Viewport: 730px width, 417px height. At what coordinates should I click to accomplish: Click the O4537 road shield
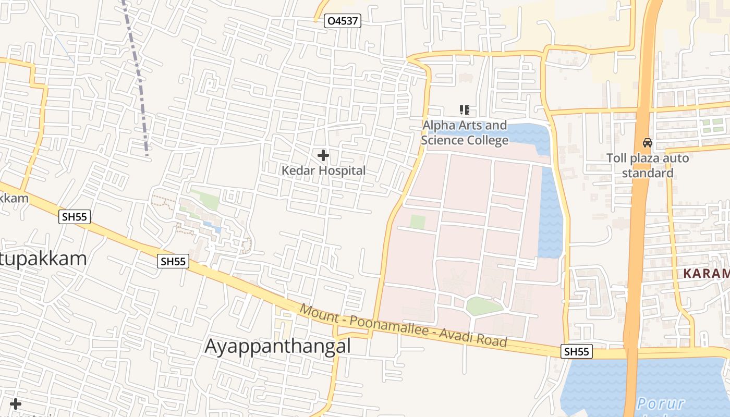pyautogui.click(x=342, y=21)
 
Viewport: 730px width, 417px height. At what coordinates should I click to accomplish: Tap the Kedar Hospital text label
pyautogui.click(x=323, y=170)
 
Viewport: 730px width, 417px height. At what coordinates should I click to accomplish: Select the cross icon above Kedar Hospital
pyautogui.click(x=323, y=155)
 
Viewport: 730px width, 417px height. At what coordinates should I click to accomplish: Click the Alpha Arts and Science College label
pyautogui.click(x=464, y=133)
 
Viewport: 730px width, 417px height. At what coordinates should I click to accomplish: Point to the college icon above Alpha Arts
pyautogui.click(x=464, y=109)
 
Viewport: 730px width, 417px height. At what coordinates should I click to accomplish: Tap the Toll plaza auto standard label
pyautogui.click(x=647, y=165)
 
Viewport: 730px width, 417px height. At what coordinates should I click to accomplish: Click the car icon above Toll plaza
pyautogui.click(x=647, y=142)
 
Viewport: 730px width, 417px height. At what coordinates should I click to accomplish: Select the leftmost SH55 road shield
pyautogui.click(x=75, y=217)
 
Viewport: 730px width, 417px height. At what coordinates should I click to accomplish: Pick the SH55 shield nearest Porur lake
pyautogui.click(x=577, y=352)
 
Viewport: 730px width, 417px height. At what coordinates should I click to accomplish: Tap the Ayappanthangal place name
pyautogui.click(x=277, y=346)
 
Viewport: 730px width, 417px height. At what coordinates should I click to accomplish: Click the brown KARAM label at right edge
pyautogui.click(x=706, y=274)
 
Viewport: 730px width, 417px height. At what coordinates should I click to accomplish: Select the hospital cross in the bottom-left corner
pyautogui.click(x=16, y=404)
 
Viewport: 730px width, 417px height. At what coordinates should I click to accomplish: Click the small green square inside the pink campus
pyautogui.click(x=417, y=222)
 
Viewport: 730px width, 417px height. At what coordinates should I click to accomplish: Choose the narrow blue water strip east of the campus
pyautogui.click(x=550, y=214)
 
